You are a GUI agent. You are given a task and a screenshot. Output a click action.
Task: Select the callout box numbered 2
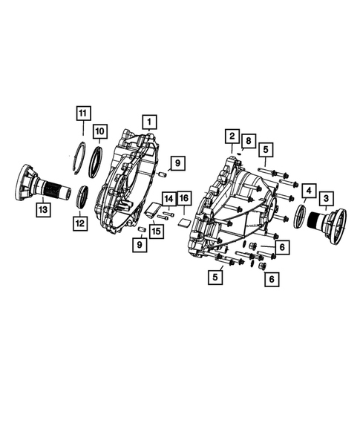(x=232, y=136)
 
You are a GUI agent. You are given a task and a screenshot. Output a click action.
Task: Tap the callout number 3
(x=326, y=198)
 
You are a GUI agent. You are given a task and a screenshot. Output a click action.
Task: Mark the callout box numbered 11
(x=83, y=114)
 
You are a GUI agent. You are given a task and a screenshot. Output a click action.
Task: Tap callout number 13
(x=45, y=211)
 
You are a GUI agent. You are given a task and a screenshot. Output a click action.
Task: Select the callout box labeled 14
(x=168, y=198)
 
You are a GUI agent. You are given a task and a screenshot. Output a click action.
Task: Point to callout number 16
(x=184, y=198)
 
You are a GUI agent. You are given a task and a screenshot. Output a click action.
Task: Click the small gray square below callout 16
(x=183, y=220)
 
